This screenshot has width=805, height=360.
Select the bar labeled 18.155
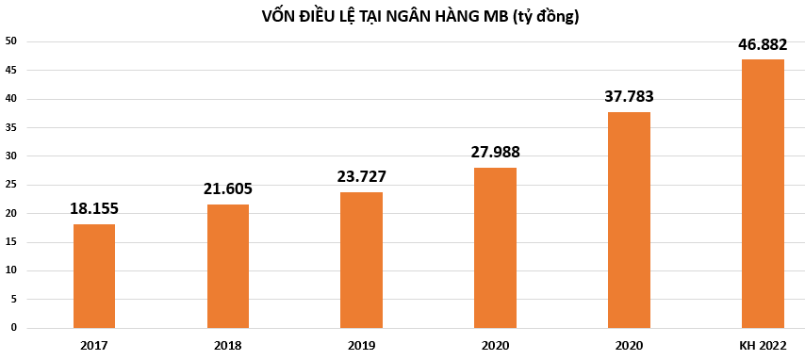(x=94, y=275)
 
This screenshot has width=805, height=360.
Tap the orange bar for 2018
(x=228, y=266)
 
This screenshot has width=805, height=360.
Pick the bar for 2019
(x=361, y=259)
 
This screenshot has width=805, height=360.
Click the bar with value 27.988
(x=495, y=247)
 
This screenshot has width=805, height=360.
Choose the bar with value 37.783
(x=629, y=220)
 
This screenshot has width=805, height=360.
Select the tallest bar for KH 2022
(x=763, y=193)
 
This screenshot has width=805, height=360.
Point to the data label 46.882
(x=763, y=44)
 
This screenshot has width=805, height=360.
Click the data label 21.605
(x=228, y=188)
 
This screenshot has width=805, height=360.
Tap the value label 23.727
(x=361, y=176)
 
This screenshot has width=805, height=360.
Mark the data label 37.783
(x=629, y=96)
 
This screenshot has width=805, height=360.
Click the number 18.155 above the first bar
(x=94, y=208)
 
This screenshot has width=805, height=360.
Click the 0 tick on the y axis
(x=13, y=328)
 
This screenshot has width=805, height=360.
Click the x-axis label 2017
(x=94, y=346)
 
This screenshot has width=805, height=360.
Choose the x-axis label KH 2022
(x=763, y=346)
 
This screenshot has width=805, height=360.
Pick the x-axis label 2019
(x=361, y=346)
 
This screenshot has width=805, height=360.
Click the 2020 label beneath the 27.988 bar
(x=495, y=346)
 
